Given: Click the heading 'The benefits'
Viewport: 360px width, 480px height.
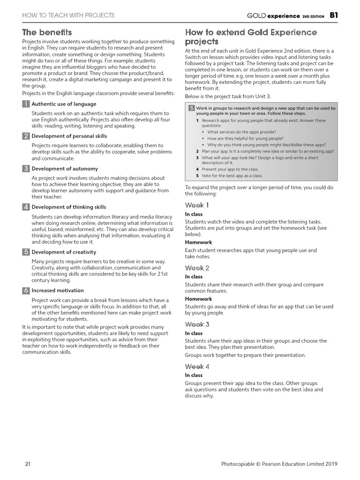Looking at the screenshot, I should tap(47, 32).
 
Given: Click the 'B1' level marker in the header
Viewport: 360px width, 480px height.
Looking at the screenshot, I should tap(333, 15).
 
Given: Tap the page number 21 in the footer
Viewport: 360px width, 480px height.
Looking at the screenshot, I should tap(28, 464).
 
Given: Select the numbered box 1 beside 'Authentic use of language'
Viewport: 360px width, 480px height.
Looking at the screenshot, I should tap(26, 104).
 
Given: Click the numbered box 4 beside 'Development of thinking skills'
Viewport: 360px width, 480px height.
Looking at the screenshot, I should tap(26, 207).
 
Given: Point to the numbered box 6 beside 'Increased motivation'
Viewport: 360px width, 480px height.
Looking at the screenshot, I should tap(26, 291).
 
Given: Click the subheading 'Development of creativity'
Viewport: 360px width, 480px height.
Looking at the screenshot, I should tap(64, 252).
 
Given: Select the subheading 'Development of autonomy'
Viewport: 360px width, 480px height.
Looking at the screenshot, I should tap(65, 169).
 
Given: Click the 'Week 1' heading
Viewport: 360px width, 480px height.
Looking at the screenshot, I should tap(197, 205).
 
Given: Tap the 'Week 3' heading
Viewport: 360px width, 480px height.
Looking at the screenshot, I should tap(197, 324).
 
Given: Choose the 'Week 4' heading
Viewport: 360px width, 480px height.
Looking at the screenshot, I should tap(197, 367).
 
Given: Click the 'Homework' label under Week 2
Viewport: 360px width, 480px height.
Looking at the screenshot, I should tap(198, 299).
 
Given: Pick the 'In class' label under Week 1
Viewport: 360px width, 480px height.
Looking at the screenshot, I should tap(194, 214).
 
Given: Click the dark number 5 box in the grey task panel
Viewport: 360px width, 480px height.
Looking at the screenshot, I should tap(191, 108).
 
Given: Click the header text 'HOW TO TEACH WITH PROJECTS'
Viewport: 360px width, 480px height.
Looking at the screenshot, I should tap(68, 15).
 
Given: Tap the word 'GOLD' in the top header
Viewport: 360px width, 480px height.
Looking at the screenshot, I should tap(256, 15).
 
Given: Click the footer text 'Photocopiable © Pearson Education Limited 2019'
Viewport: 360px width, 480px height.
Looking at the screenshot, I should tap(279, 464).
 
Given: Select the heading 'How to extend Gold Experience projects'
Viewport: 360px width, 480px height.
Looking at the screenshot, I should tap(251, 37).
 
